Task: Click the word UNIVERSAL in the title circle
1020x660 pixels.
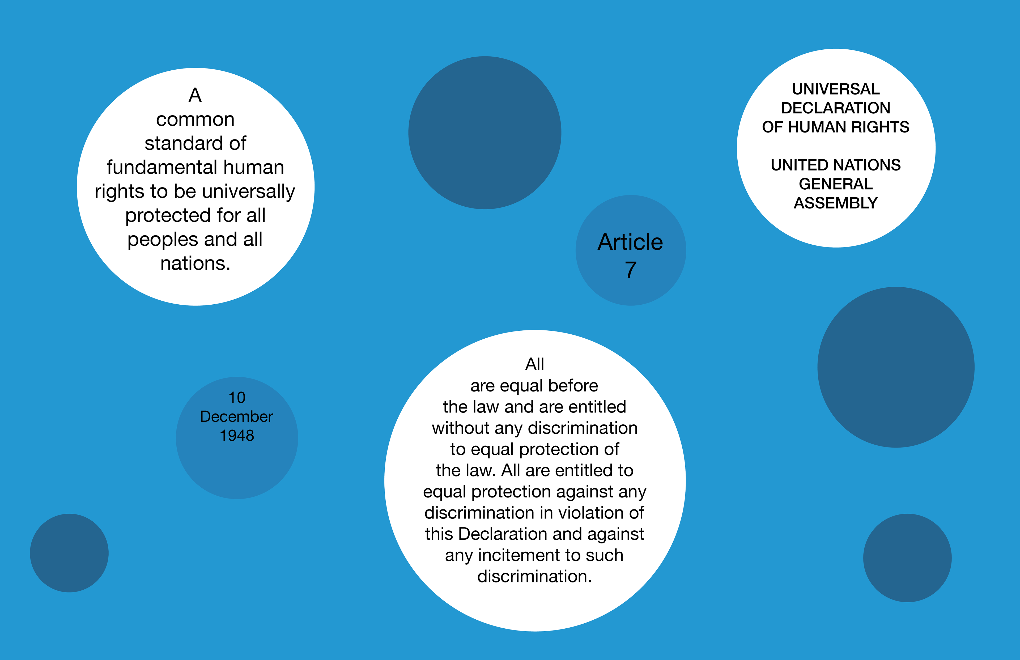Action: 835,89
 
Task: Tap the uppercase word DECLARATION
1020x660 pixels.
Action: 835,108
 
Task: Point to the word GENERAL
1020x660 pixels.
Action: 835,184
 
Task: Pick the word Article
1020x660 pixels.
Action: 630,242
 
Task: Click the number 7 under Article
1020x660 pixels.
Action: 630,270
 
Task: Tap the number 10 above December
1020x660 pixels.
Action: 237,398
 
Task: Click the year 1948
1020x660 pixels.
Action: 237,435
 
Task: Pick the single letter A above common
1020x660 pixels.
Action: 195,95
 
